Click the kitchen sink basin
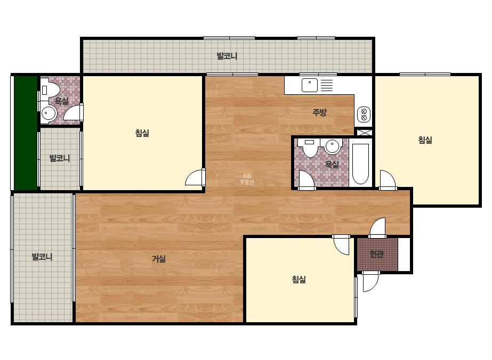(x=309, y=85)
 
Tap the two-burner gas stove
(x=364, y=114)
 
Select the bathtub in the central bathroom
(x=360, y=163)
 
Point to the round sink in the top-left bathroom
(x=49, y=113)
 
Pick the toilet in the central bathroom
(x=310, y=148)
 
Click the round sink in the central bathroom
(x=332, y=146)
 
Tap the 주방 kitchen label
(x=320, y=112)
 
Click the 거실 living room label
(x=159, y=259)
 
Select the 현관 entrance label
(x=376, y=253)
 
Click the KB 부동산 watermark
(x=247, y=179)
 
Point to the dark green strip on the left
(x=26, y=133)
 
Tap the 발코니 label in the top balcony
(x=227, y=56)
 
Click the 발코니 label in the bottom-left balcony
(x=42, y=257)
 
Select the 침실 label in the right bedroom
(x=425, y=140)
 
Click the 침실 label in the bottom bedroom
(x=299, y=279)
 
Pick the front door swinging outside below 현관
(x=370, y=281)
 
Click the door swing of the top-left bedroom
(x=195, y=177)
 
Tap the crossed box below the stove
(x=364, y=132)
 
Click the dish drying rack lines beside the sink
(x=327, y=85)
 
